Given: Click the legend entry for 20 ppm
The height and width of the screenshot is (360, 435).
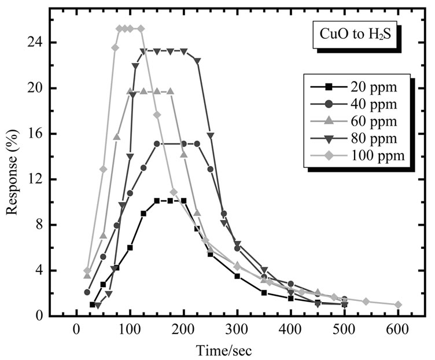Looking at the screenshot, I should [359, 87].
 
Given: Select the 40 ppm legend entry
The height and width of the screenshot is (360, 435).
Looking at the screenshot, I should [359, 104].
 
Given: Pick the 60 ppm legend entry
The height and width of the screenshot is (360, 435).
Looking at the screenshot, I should [359, 121].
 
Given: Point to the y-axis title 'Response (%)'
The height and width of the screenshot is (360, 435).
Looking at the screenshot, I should [12, 172].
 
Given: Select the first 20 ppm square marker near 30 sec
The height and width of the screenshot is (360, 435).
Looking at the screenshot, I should [92, 304].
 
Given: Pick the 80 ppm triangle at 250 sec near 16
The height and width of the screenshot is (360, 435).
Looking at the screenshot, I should [210, 135].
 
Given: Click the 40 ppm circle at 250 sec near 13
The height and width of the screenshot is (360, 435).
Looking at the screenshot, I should [211, 169].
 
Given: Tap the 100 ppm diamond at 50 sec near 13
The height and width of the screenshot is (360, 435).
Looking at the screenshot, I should [103, 169].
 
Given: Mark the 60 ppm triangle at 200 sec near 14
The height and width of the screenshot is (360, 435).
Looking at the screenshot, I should [184, 155].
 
